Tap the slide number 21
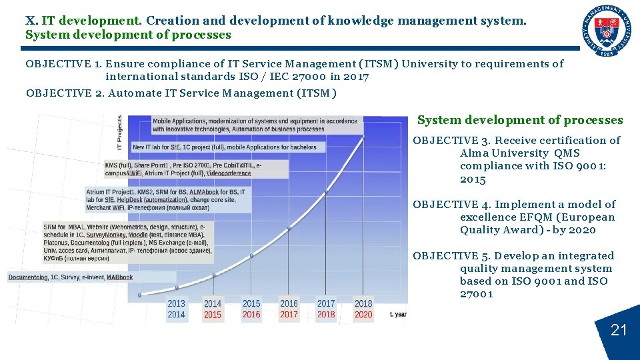619,330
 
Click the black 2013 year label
177,303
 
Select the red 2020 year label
363,315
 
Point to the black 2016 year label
289,303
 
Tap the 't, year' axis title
398,315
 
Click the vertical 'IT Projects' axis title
120,132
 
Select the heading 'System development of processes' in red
520,121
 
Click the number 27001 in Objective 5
477,294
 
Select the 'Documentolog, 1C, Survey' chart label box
71,277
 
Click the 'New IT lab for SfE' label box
227,147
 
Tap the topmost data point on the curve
364,137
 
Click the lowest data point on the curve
139,294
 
